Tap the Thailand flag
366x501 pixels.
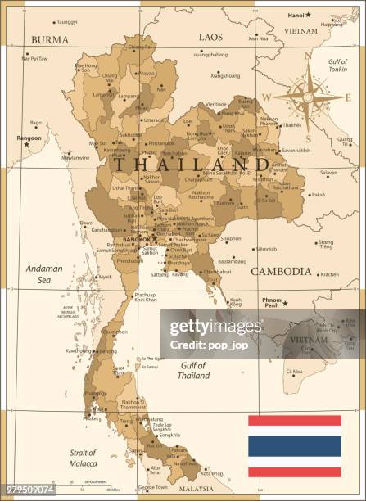click(295, 445)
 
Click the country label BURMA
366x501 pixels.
click(50, 39)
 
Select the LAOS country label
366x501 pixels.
click(210, 37)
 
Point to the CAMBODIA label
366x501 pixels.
click(281, 271)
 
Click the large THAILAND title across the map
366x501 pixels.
click(192, 163)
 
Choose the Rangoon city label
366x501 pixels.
click(29, 138)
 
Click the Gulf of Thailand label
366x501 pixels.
click(193, 370)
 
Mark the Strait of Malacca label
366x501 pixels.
click(82, 457)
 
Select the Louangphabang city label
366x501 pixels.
click(209, 54)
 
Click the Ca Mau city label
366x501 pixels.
click(293, 372)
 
